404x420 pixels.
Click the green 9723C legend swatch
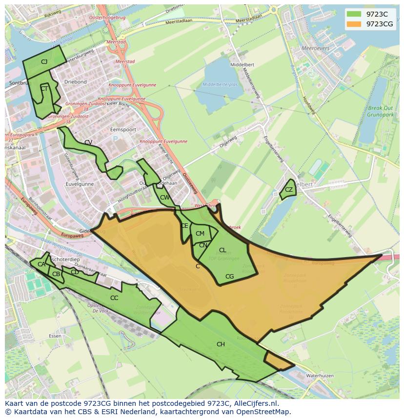tap(354, 14)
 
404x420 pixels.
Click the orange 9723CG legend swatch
tap(354, 24)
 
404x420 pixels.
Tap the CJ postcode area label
tap(44, 61)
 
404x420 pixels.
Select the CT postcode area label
tap(44, 89)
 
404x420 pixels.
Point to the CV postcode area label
tap(88, 142)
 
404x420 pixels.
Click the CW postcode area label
tap(165, 198)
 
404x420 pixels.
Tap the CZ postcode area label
tap(289, 190)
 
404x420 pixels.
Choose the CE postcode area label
tap(184, 226)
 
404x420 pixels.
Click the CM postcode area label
tap(200, 234)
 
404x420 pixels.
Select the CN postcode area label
tap(203, 245)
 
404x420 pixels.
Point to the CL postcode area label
tap(222, 250)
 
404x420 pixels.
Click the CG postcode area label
tap(230, 277)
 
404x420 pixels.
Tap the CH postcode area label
tap(221, 344)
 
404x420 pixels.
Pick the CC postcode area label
tap(114, 298)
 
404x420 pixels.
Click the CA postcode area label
tap(41, 264)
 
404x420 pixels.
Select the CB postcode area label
tap(56, 274)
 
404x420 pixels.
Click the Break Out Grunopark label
tap(381, 111)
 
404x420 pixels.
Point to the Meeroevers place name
tap(316, 49)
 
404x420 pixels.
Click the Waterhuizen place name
tap(320, 376)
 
